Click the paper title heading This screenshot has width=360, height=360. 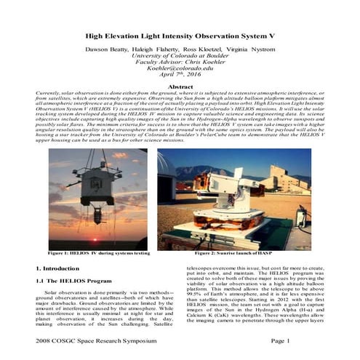[x=180, y=34]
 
